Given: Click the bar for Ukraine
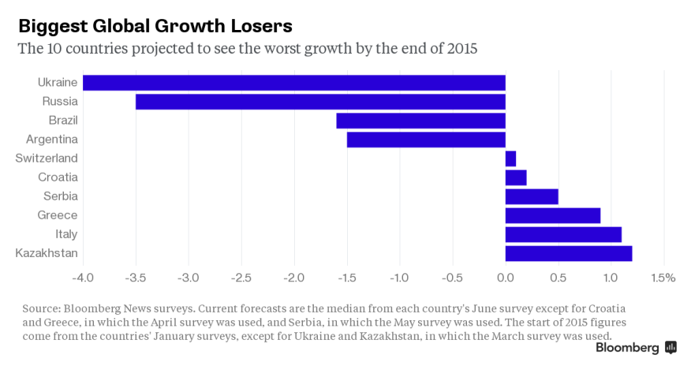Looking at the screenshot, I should click(x=293, y=83).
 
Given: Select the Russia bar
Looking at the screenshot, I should click(x=320, y=102).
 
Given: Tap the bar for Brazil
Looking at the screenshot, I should click(x=420, y=121).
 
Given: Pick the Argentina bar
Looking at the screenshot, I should click(x=426, y=140).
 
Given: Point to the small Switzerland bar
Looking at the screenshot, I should click(x=510, y=159).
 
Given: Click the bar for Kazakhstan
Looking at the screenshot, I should click(x=568, y=253).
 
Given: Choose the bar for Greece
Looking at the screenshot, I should click(x=552, y=215).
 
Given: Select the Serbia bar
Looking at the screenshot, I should click(x=531, y=196).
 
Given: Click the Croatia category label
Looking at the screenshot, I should click(x=58, y=177).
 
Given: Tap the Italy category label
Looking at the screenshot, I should click(x=66, y=234).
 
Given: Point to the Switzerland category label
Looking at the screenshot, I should click(x=47, y=159).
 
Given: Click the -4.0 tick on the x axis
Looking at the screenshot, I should click(x=83, y=278).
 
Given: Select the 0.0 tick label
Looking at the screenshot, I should click(x=505, y=278).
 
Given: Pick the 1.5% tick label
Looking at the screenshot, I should click(x=663, y=278).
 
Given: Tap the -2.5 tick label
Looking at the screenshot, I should click(x=241, y=278).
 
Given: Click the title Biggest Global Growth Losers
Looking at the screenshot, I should click(x=155, y=24).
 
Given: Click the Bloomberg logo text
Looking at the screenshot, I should click(x=627, y=347).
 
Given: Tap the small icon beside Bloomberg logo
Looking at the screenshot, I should click(x=670, y=347).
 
